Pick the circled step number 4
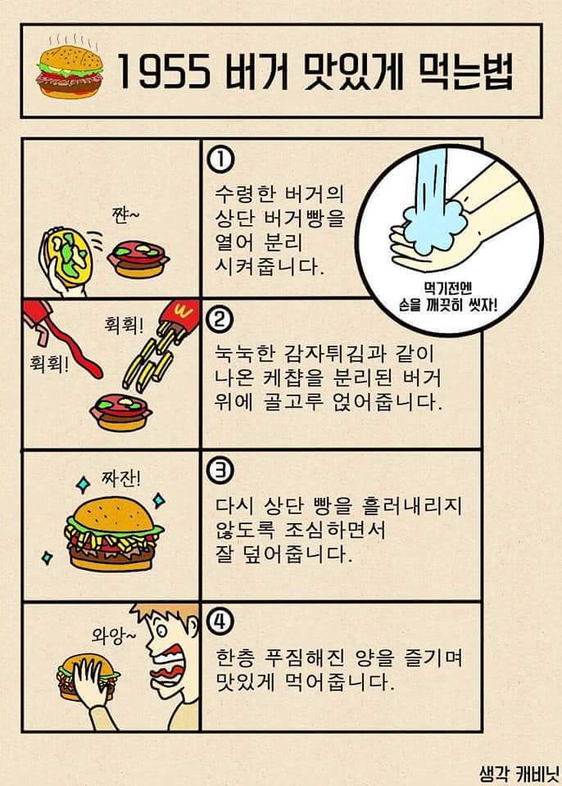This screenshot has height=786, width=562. pyautogui.click(x=220, y=622)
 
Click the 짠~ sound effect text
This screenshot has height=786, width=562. pyautogui.click(x=125, y=215)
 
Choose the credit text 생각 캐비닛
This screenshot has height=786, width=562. pyautogui.click(x=517, y=771)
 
